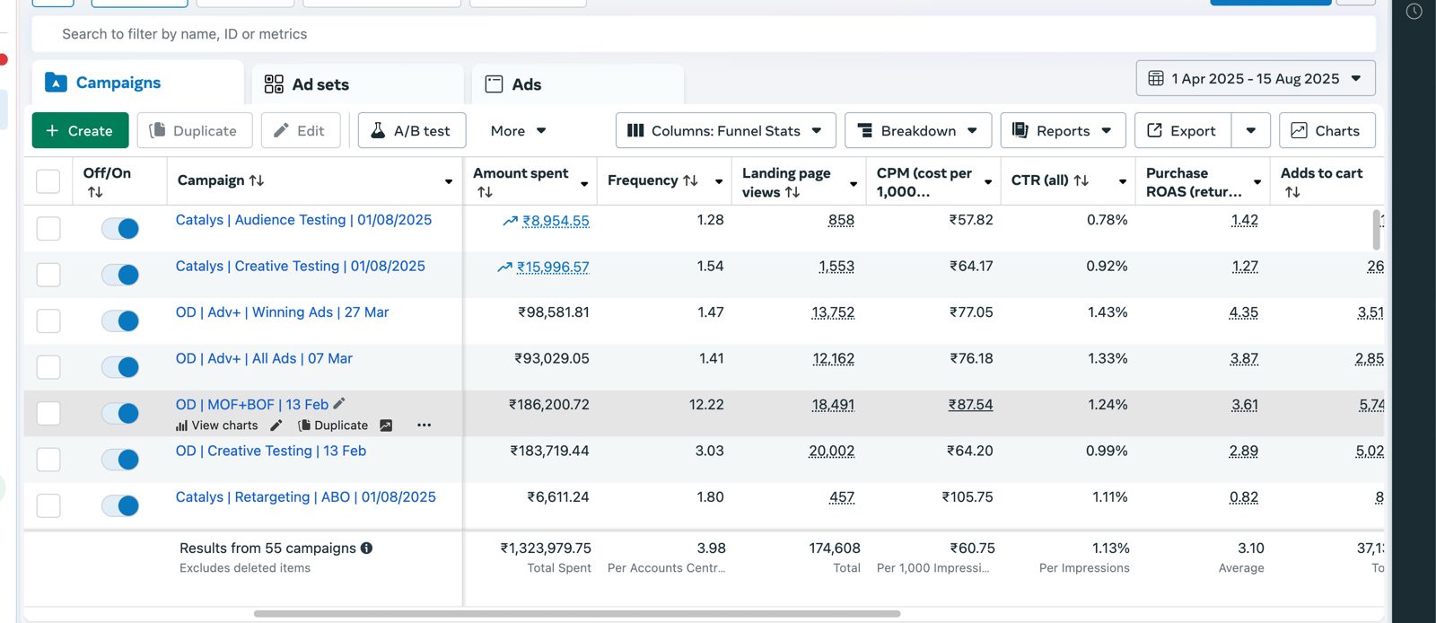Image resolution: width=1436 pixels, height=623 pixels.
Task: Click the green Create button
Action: tap(80, 130)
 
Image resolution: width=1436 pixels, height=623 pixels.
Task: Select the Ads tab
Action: tap(525, 84)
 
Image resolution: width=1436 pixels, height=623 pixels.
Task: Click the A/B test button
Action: tap(411, 130)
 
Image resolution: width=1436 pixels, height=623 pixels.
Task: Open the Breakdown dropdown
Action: tap(917, 130)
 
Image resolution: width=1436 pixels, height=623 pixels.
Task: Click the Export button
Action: tap(1182, 130)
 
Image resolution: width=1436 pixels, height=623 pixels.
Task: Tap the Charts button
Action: tap(1327, 130)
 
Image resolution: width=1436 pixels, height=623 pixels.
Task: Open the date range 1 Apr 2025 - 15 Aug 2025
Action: tap(1255, 79)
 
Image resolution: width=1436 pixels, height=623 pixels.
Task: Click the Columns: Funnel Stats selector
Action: tap(725, 130)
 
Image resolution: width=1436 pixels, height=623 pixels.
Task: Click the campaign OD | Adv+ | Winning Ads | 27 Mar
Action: tap(282, 312)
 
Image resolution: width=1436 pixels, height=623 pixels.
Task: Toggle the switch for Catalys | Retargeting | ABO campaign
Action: tap(120, 505)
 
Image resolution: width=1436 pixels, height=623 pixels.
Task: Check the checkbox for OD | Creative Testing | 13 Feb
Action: tap(48, 460)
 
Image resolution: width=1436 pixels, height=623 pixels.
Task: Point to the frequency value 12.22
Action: tap(706, 405)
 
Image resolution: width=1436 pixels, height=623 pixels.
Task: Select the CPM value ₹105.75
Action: tap(967, 497)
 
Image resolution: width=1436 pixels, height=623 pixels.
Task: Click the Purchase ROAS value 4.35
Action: tap(1243, 313)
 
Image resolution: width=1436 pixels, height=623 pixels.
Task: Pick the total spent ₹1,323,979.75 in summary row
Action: tap(546, 548)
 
